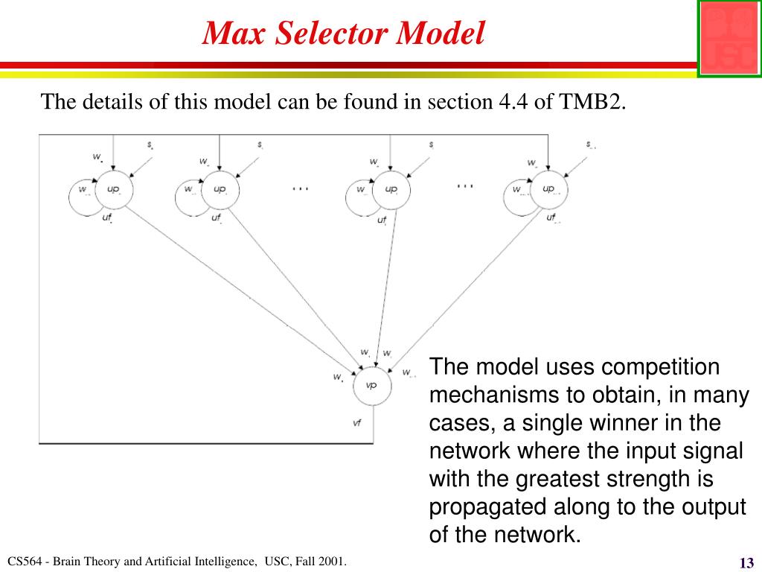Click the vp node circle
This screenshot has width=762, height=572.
(371, 386)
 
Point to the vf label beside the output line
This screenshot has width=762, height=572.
(357, 423)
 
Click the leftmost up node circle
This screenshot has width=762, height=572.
(113, 190)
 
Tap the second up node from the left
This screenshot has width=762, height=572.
(220, 190)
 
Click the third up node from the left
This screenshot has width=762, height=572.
(391, 190)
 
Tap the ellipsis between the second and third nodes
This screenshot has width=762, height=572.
(300, 188)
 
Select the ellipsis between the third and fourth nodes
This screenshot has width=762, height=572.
(465, 185)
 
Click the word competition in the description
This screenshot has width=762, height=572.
(660, 367)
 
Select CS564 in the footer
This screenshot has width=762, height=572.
(23, 561)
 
